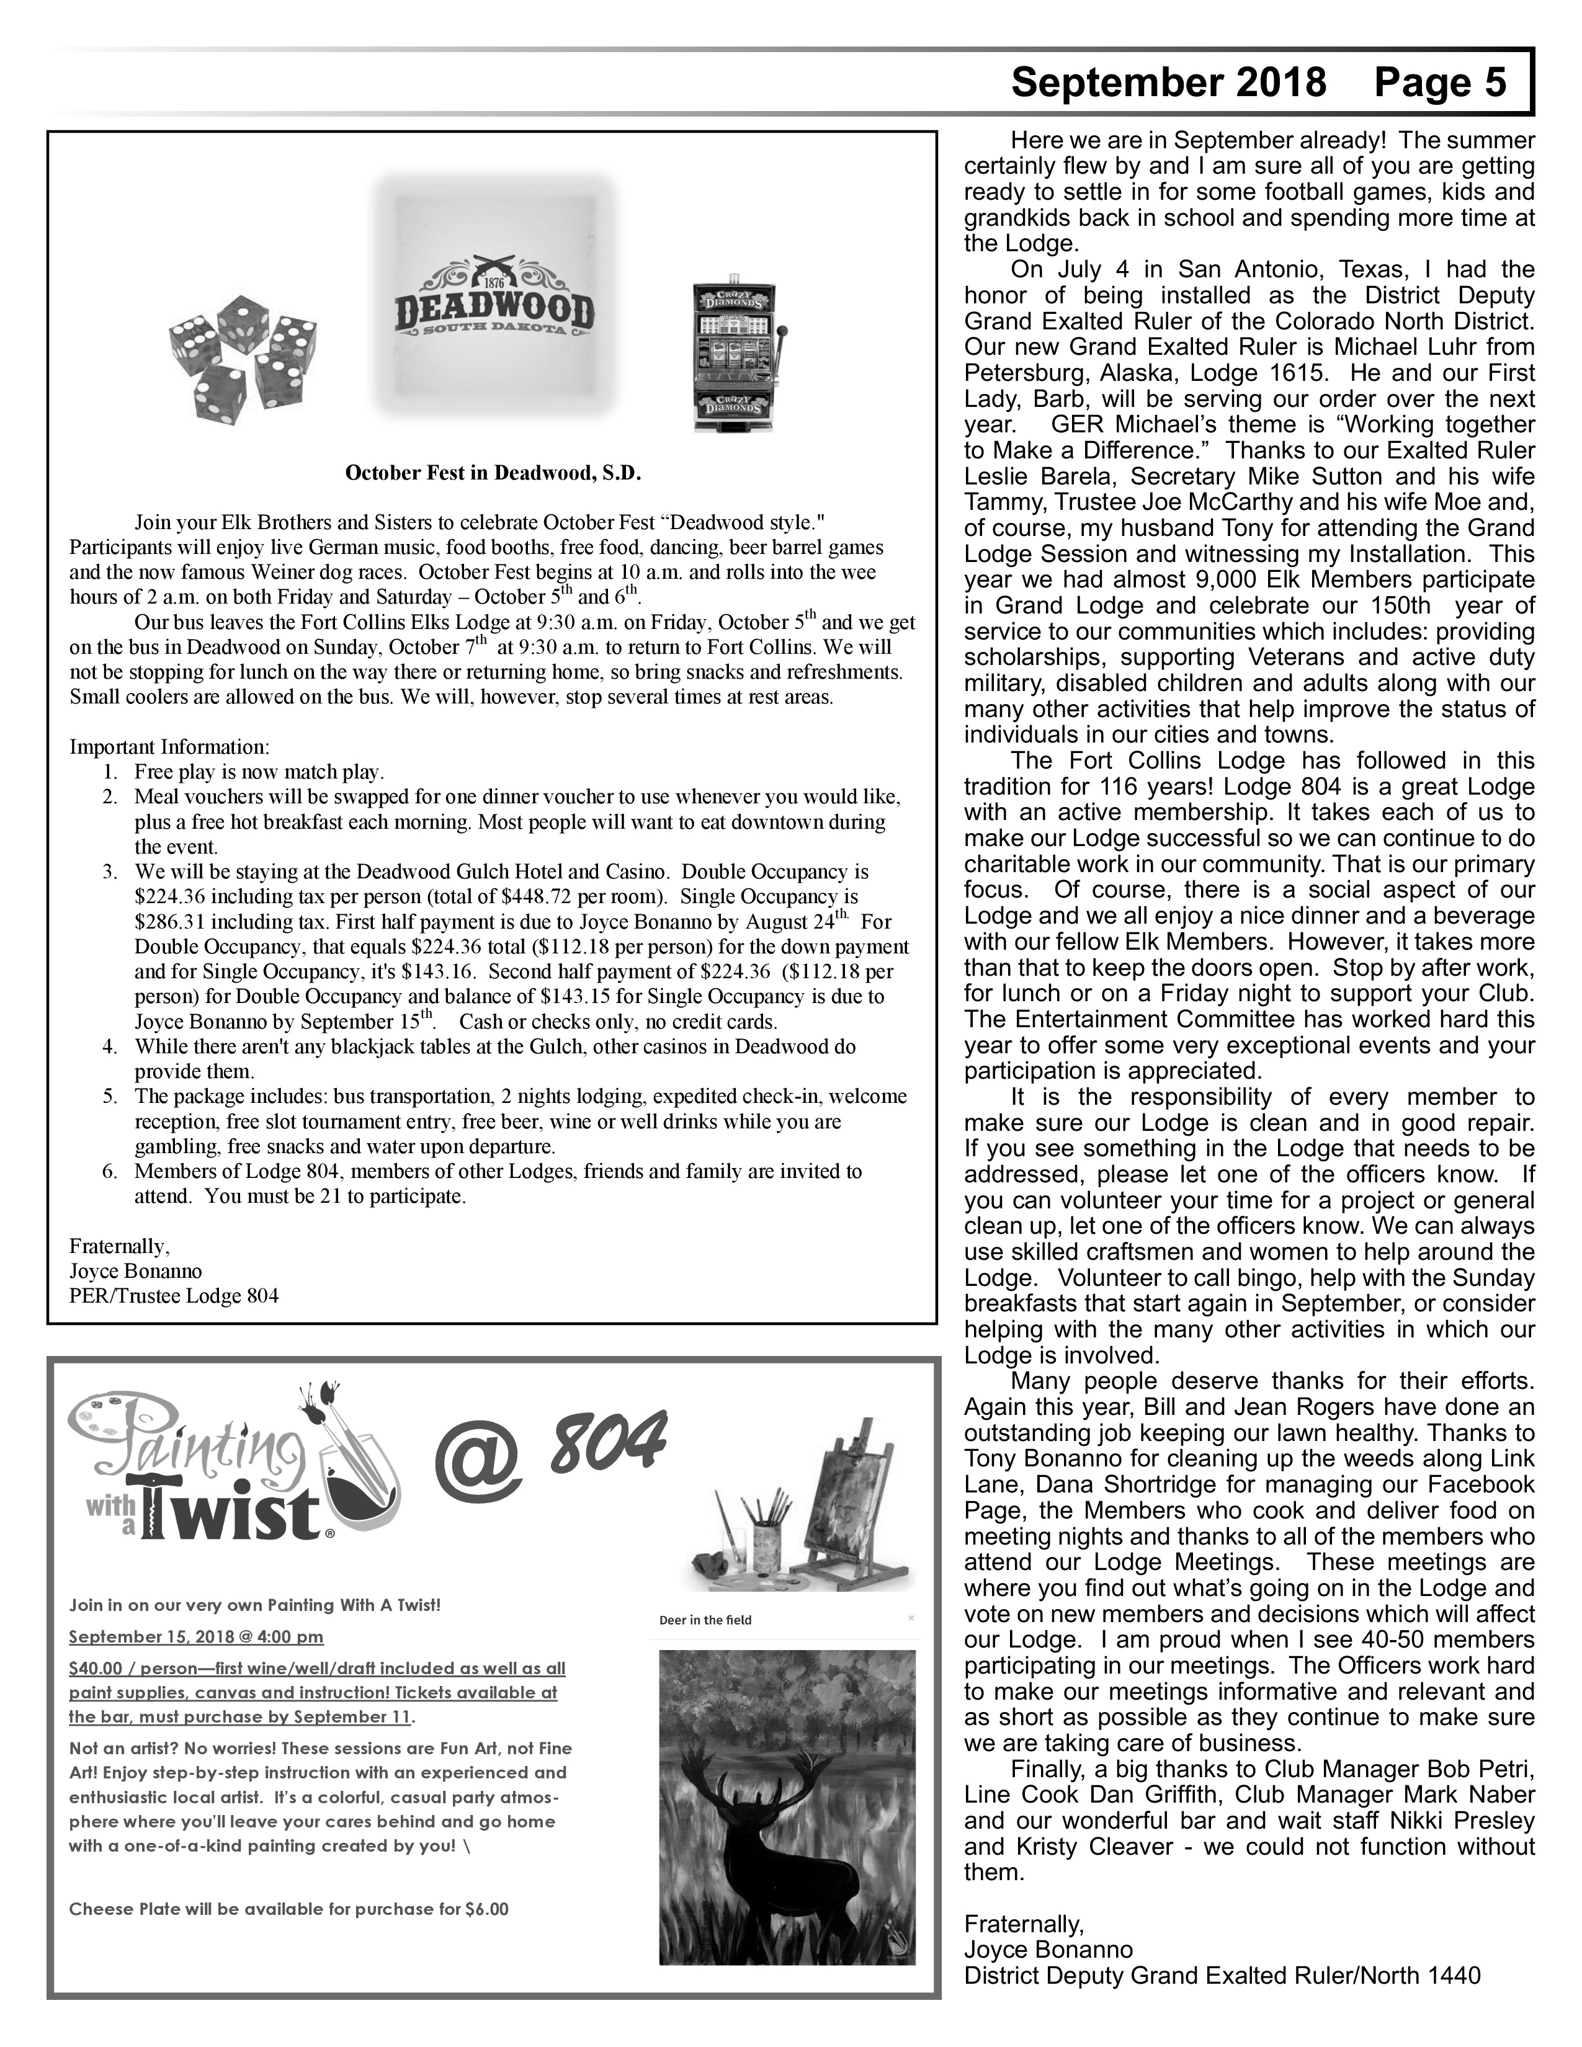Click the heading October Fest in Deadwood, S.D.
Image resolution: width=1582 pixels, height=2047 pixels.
(493, 473)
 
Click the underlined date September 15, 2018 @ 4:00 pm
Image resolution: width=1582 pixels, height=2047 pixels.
(196, 1636)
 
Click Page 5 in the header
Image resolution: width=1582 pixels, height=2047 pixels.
(1439, 83)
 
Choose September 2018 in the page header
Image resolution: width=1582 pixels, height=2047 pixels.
(1169, 83)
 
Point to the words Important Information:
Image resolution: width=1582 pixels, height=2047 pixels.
(169, 747)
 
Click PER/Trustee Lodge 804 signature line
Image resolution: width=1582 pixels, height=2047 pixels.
(174, 1296)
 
